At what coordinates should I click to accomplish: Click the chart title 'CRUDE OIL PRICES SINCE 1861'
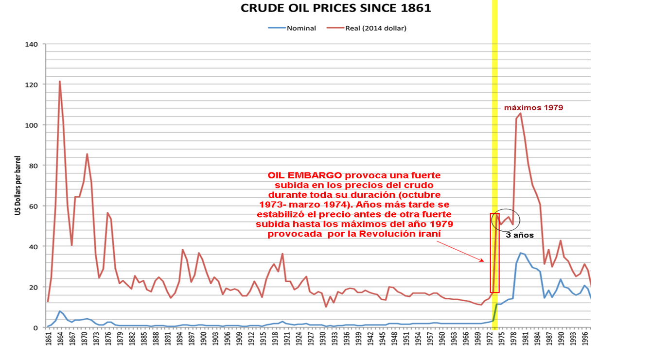tap(335, 8)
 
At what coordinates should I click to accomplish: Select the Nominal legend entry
tap(292, 28)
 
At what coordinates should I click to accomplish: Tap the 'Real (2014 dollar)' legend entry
tap(367, 28)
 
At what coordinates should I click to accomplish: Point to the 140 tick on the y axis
tap(32, 44)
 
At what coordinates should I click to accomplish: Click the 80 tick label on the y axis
tap(33, 166)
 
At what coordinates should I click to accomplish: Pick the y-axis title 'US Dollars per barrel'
tap(18, 186)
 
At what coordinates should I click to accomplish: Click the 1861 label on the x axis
tap(49, 339)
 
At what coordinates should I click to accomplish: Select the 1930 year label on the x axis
tap(323, 339)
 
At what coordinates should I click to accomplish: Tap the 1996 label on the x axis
tap(585, 339)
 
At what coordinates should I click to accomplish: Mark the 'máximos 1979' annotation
tap(534, 108)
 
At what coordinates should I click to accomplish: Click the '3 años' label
tap(520, 235)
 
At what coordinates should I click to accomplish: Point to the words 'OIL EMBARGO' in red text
tap(304, 175)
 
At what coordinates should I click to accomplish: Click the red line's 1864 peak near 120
tap(60, 82)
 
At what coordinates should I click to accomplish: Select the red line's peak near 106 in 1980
tap(520, 113)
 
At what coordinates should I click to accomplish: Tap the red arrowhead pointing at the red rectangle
tap(482, 260)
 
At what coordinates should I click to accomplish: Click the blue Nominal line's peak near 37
tap(521, 253)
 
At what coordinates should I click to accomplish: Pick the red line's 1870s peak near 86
tap(87, 154)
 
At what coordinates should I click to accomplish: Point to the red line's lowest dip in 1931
tap(326, 307)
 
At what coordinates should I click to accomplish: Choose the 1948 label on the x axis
tap(394, 339)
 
